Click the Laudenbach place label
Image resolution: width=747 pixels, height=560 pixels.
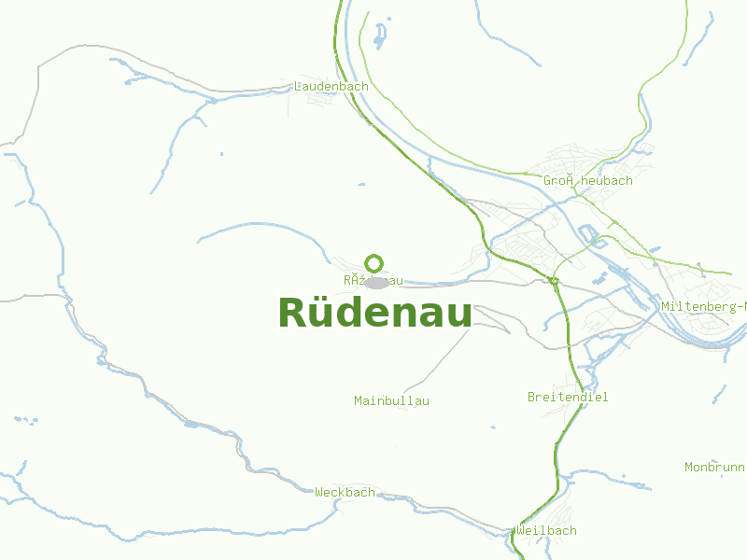(331, 86)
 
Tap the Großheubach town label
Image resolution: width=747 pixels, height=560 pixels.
(588, 180)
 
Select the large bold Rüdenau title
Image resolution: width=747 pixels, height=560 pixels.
(375, 313)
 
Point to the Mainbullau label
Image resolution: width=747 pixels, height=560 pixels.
(391, 400)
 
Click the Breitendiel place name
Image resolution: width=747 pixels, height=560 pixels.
(568, 397)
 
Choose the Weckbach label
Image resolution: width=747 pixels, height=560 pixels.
(345, 492)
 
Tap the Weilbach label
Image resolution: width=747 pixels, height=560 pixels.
(546, 530)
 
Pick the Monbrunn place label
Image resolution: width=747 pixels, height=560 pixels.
(714, 467)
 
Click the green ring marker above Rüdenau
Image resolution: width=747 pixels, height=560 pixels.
(374, 263)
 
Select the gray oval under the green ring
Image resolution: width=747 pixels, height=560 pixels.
(377, 281)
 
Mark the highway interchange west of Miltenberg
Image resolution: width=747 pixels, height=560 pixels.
(554, 280)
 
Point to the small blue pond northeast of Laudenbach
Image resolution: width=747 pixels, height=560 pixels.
(379, 37)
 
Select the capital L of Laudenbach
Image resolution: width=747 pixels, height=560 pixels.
(298, 86)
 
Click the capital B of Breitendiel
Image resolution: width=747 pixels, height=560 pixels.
(531, 397)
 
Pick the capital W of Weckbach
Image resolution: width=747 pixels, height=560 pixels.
(319, 492)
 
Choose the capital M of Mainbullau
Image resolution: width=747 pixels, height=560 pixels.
(359, 400)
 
